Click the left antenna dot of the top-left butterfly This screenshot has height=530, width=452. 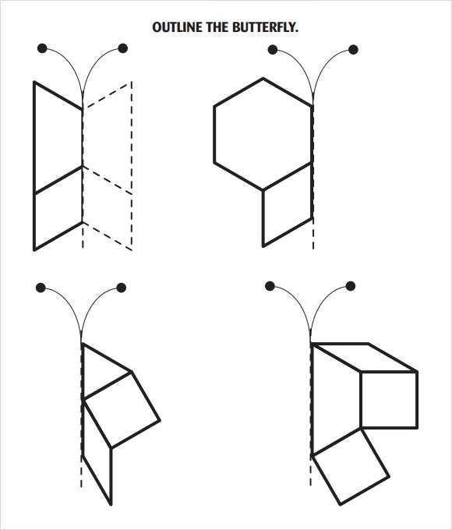click(42, 48)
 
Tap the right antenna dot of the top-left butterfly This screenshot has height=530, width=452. click(122, 48)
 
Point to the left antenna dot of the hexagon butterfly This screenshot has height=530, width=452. click(273, 50)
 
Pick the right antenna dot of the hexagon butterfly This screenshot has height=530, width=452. click(353, 50)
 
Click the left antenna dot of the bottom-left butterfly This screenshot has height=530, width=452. click(41, 288)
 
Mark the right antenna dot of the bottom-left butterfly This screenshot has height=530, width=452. click(122, 288)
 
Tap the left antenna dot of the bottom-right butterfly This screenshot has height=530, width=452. click(270, 286)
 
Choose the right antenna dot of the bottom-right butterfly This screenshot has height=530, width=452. click(351, 286)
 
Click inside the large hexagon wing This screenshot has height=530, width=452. click(263, 134)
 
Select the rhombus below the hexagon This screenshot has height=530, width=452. click(288, 204)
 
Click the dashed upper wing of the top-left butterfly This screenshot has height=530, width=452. click(107, 138)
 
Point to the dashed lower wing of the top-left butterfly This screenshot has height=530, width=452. click(107, 208)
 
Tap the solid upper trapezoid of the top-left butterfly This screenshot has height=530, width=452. click(58, 138)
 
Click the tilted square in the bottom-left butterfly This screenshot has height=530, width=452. click(122, 410)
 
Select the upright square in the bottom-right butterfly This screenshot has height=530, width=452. click(389, 400)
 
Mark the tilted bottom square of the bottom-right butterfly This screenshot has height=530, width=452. click(351, 466)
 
